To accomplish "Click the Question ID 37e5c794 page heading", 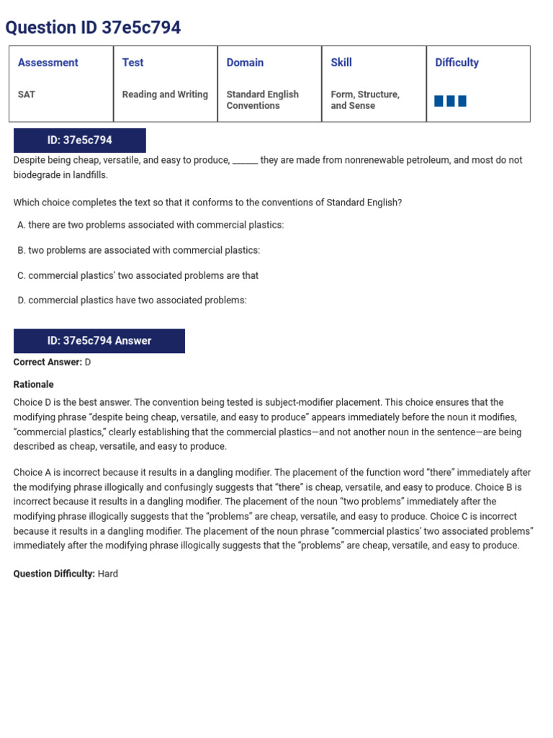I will point(93,27).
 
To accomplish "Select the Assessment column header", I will point(48,63).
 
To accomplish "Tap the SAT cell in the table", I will point(27,94).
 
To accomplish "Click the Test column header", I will point(132,63).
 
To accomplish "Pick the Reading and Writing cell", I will point(165,94).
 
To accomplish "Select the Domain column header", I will point(245,63).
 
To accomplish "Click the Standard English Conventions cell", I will point(262,100).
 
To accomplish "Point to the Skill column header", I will point(341,63).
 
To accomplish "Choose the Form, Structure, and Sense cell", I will point(364,100).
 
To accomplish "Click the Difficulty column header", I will point(457,63).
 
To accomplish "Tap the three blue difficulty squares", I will point(450,101).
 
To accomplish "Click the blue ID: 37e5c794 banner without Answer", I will point(80,141).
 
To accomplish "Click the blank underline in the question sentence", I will point(245,161).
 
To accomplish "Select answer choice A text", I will point(156,225).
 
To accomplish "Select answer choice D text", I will point(137,301).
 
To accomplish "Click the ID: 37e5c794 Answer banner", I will point(99,341).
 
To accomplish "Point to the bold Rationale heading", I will point(33,385).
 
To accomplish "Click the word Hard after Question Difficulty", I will point(108,574).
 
